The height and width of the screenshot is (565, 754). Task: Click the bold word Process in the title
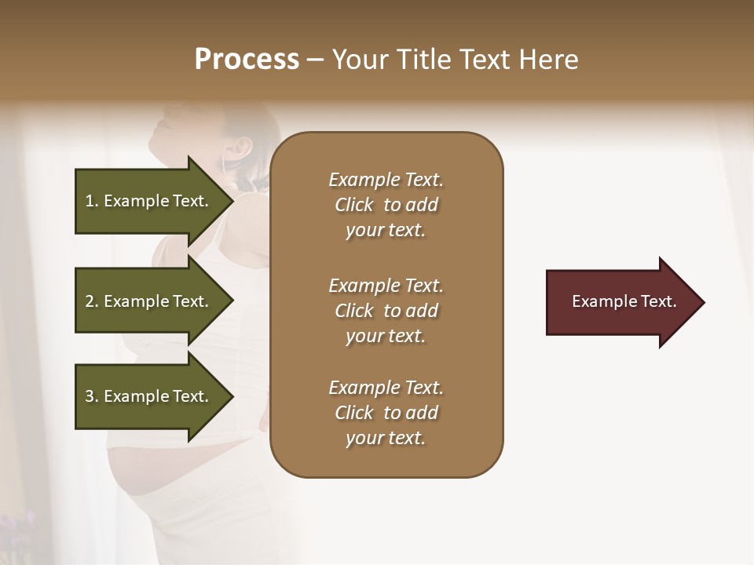[x=247, y=60]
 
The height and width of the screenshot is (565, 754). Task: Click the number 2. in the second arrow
[x=92, y=301]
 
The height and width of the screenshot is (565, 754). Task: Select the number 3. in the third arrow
[x=92, y=396]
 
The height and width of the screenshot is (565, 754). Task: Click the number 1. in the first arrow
[x=92, y=201]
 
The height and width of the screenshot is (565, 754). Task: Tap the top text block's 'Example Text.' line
[x=386, y=180]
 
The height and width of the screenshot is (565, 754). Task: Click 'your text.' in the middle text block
[x=386, y=336]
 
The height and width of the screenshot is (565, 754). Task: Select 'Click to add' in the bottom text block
[x=386, y=413]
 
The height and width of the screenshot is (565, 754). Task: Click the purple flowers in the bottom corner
[x=20, y=526]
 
